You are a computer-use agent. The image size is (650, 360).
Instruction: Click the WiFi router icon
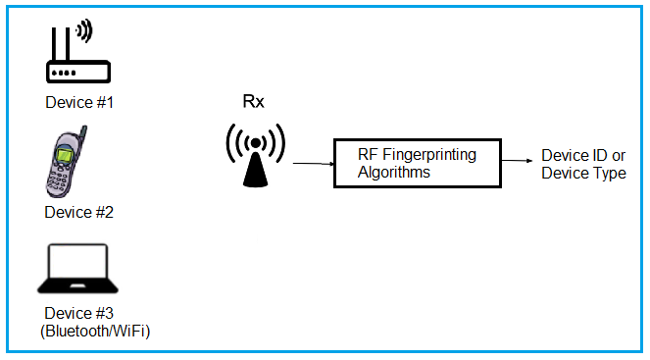click(x=77, y=57)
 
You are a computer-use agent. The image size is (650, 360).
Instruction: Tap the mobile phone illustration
click(x=67, y=164)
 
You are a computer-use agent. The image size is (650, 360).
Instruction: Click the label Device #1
click(x=79, y=102)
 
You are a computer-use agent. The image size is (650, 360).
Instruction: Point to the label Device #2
click(x=79, y=211)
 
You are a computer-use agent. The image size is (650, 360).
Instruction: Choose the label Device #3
click(x=79, y=315)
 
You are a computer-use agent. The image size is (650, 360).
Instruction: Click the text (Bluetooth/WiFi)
click(x=95, y=332)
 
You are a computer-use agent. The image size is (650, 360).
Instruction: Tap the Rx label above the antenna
click(x=253, y=102)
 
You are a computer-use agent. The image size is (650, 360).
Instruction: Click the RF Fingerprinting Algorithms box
click(x=416, y=163)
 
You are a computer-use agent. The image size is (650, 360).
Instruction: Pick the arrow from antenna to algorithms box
click(x=311, y=163)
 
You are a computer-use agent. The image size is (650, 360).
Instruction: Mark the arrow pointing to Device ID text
click(x=518, y=160)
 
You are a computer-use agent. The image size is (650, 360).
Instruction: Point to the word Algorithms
click(x=393, y=172)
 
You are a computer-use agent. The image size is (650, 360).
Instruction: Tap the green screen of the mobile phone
click(x=64, y=157)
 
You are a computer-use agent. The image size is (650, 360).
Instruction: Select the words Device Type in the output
click(x=583, y=174)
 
